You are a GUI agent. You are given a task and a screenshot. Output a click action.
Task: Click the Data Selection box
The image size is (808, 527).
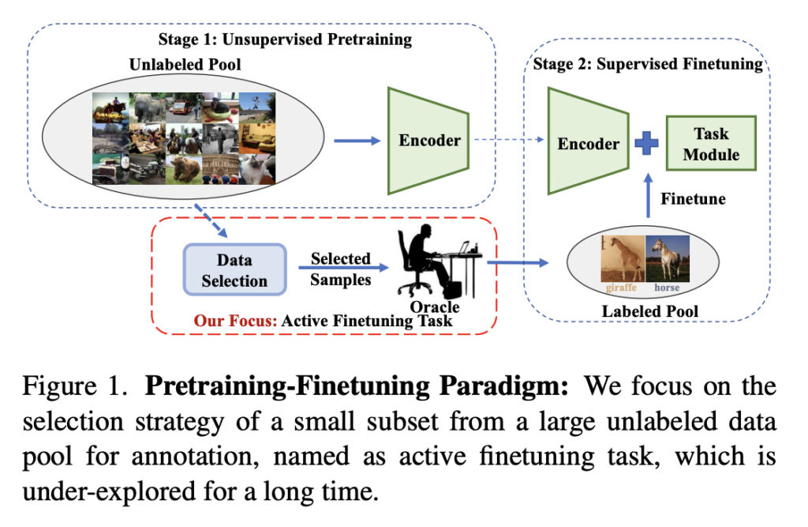[x=235, y=269]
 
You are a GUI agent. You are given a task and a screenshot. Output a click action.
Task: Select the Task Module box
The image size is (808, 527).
[x=711, y=143]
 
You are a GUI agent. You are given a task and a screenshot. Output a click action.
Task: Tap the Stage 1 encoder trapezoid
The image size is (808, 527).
[x=428, y=141]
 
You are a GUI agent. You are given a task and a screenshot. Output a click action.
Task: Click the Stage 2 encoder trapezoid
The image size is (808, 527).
[x=588, y=141]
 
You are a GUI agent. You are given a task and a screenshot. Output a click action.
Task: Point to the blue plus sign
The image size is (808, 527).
[x=647, y=143]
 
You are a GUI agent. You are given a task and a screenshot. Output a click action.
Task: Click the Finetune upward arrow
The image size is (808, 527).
[x=649, y=195]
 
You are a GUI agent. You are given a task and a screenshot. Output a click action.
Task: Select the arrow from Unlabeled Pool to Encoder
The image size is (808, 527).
[x=357, y=141]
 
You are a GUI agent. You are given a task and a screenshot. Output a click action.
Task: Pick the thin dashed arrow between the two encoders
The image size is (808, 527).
[x=509, y=139]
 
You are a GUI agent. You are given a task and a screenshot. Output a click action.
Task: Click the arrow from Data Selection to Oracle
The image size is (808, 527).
[x=344, y=267]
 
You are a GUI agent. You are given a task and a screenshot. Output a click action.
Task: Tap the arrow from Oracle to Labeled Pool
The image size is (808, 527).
[x=518, y=263]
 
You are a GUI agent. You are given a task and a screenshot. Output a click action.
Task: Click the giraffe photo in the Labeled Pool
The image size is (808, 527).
[x=623, y=258]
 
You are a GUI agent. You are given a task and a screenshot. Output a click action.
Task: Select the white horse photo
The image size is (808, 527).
[x=668, y=258]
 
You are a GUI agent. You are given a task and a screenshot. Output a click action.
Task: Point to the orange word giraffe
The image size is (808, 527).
[x=621, y=288]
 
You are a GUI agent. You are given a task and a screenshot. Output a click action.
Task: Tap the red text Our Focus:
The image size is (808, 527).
[x=235, y=321]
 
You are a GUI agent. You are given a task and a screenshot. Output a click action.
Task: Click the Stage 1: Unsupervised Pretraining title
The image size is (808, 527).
[x=285, y=40]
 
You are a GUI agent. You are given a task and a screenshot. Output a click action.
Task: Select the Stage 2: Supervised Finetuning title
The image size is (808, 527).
[x=648, y=64]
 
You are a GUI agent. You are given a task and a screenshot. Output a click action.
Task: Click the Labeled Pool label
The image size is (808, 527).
[x=650, y=311]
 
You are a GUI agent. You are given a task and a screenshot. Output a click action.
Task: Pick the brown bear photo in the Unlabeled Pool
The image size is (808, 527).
[x=184, y=169]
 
